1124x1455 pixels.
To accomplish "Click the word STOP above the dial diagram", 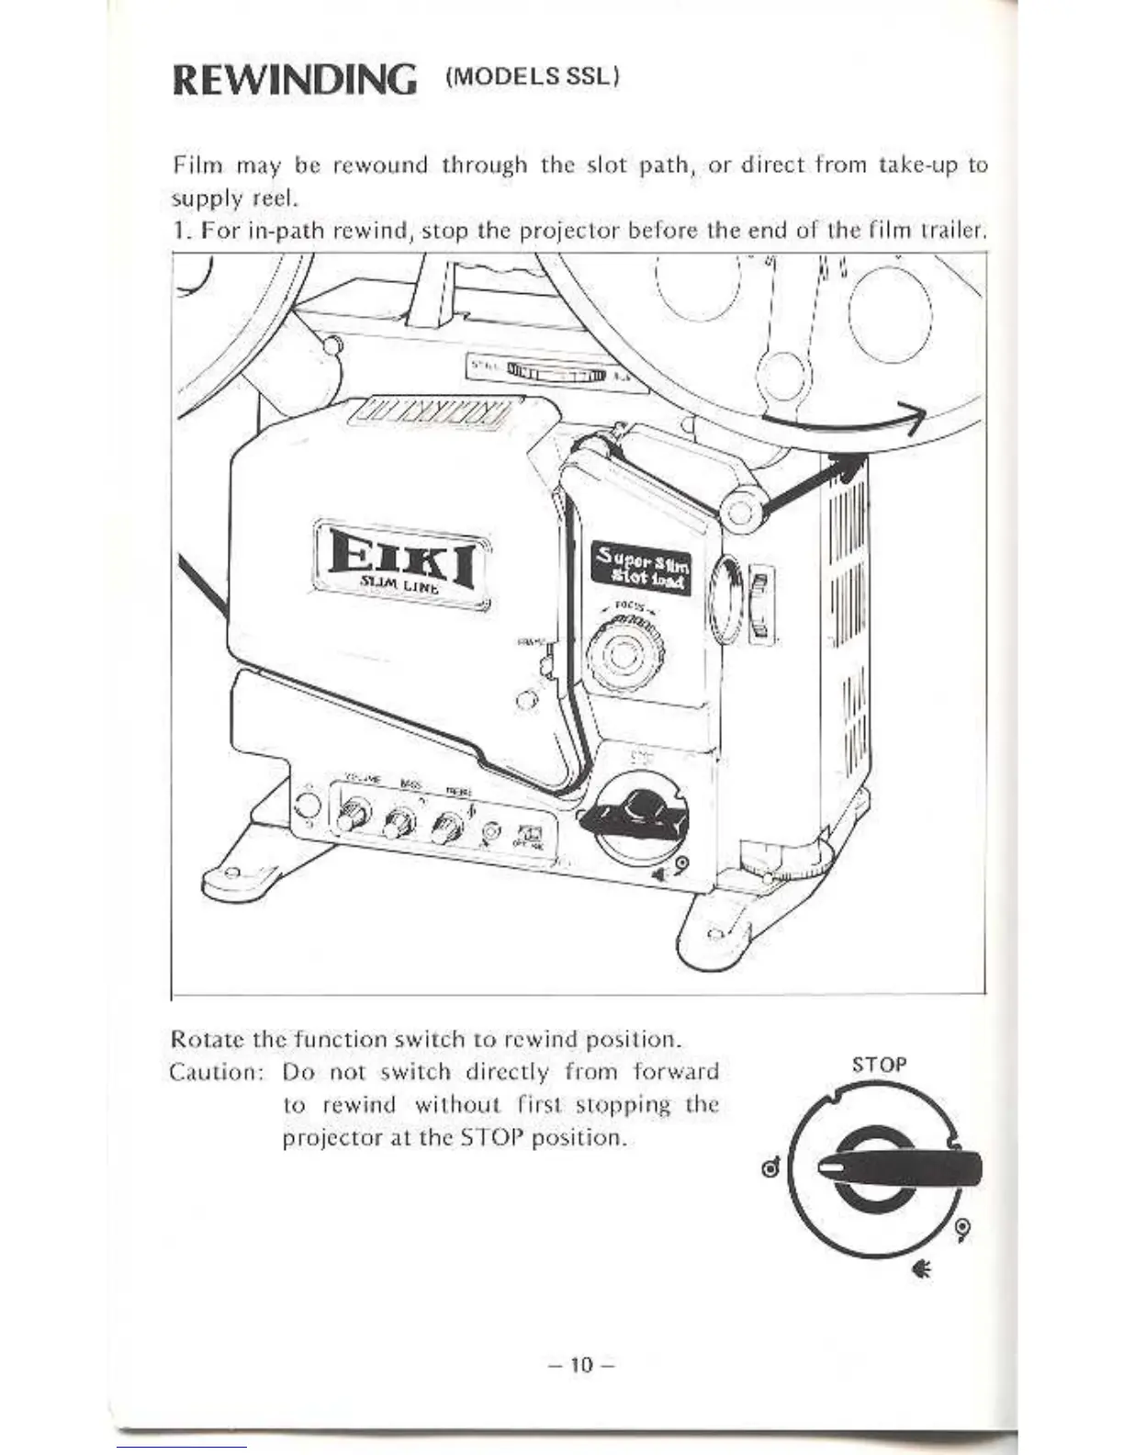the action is [879, 1065].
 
